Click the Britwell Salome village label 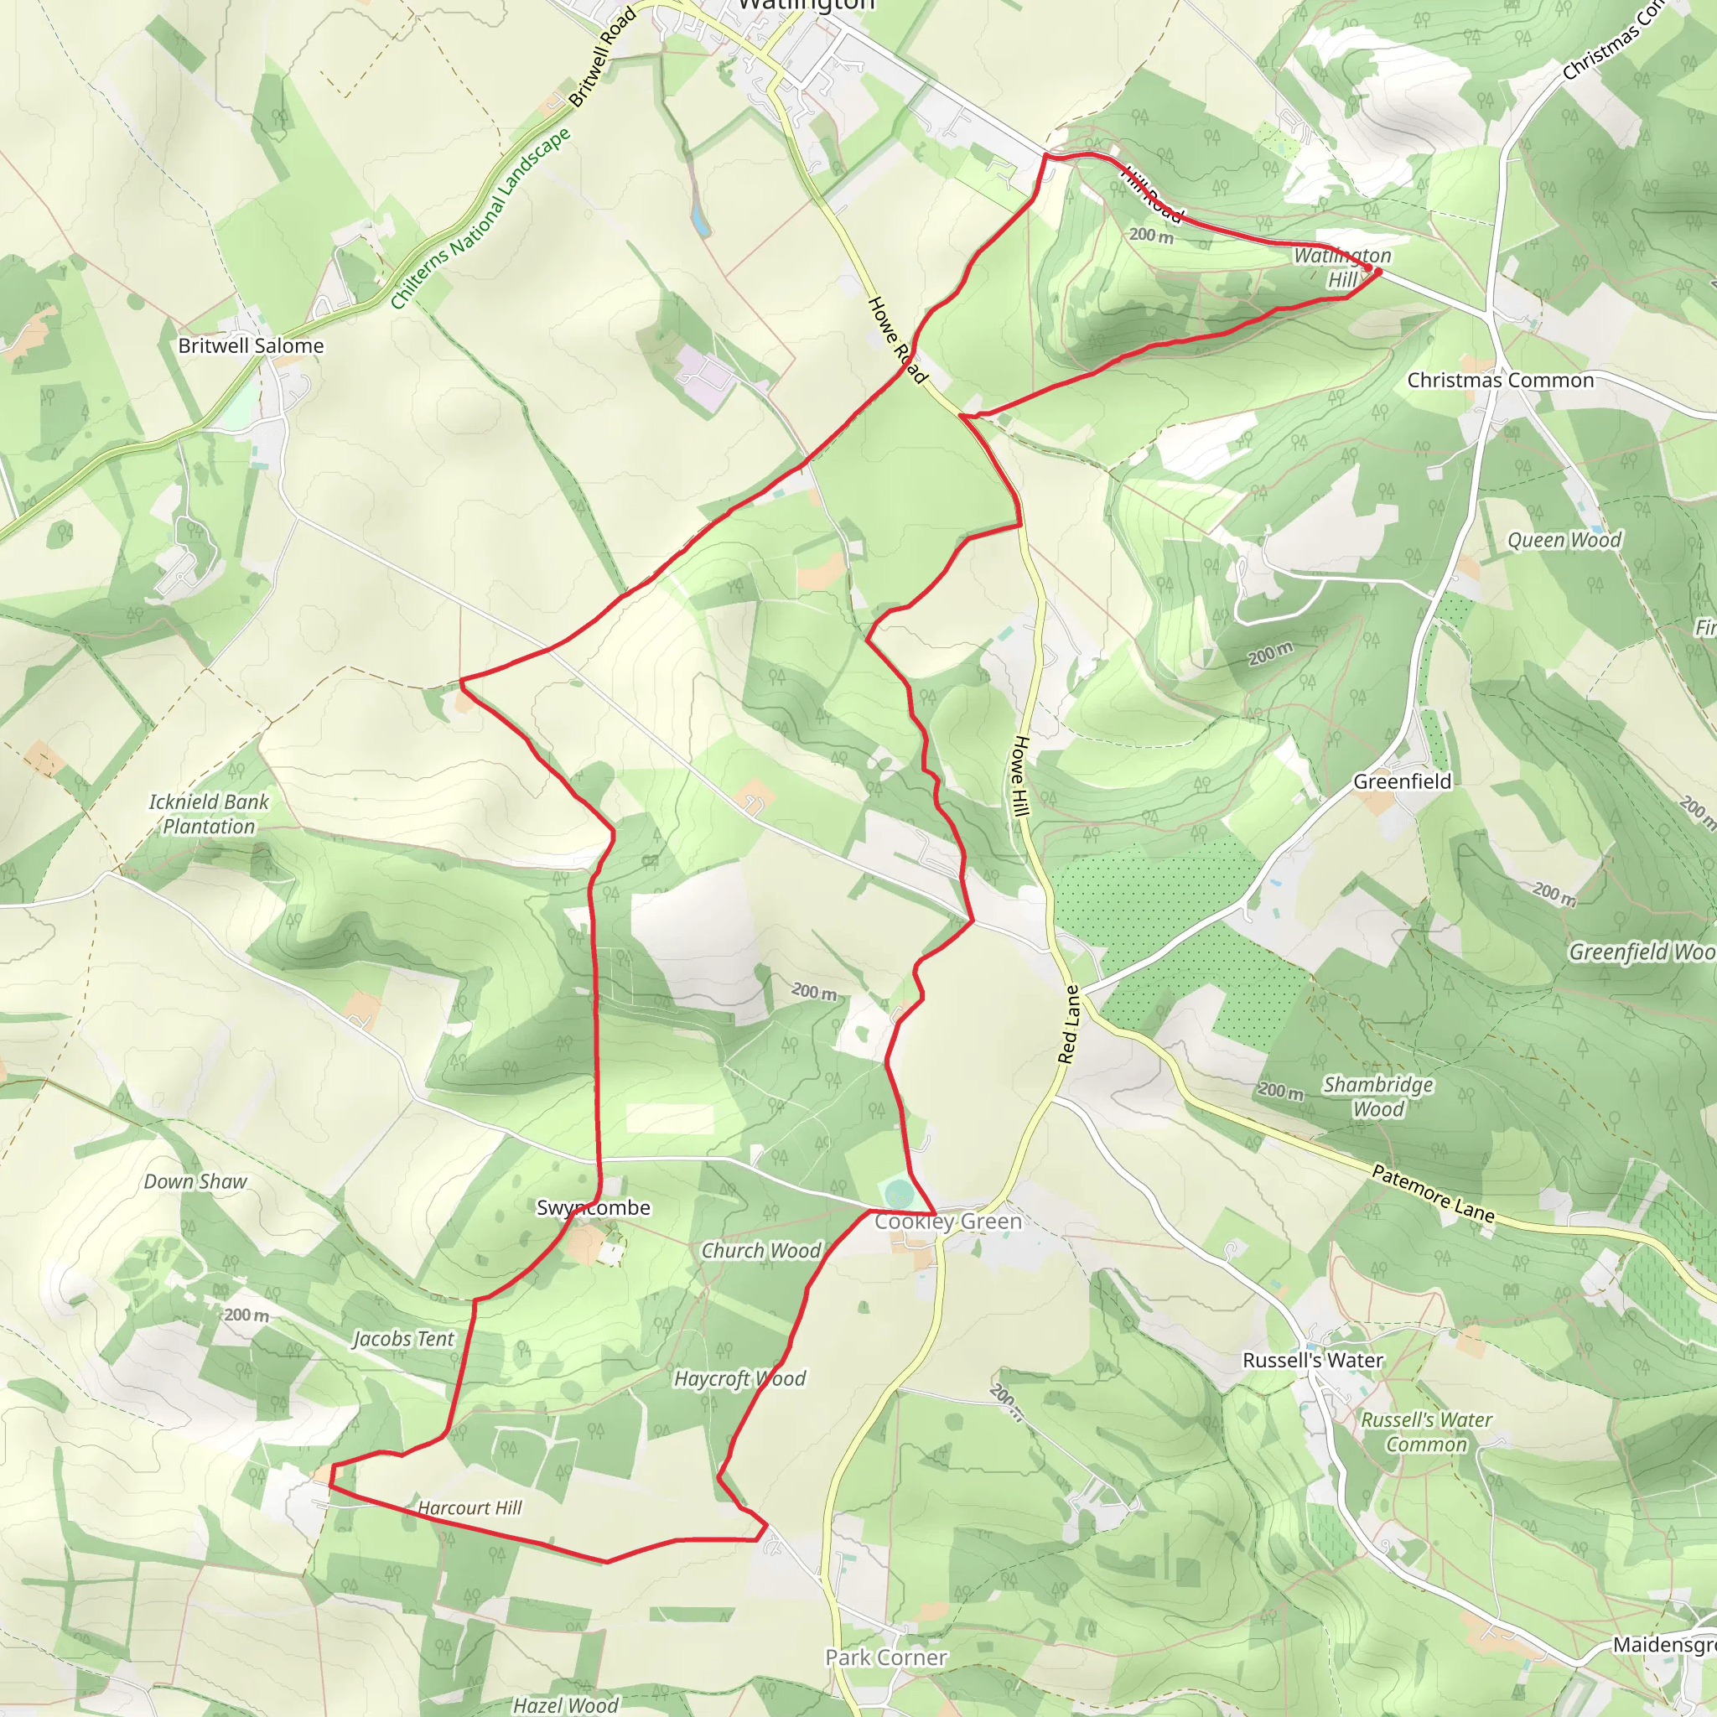251,345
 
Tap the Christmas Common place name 1500,381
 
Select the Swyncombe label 594,1207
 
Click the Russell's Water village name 1313,1360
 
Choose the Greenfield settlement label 1403,781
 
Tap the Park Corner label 886,1657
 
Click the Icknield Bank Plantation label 209,814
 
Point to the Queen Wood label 1564,541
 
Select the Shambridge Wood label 1377,1097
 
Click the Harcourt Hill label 470,1508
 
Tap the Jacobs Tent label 403,1338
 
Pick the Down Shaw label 195,1182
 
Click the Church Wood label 761,1250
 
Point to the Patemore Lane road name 1434,1194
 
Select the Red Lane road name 1069,1024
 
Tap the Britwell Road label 603,57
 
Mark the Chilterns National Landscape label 480,219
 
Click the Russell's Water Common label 1426,1432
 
